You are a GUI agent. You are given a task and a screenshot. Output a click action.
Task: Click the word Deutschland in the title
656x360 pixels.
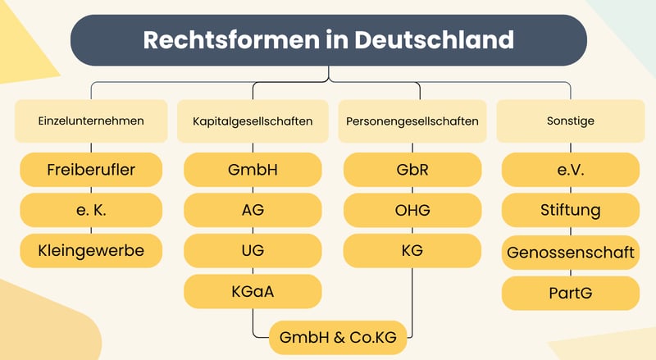434,39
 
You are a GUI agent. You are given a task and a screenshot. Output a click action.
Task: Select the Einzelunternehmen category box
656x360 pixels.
91,121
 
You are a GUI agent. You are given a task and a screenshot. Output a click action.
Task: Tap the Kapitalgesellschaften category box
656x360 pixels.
253,121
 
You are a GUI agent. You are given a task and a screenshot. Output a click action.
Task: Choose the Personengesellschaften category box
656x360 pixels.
412,121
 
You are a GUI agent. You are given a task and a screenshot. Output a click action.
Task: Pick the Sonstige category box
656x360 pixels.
571,121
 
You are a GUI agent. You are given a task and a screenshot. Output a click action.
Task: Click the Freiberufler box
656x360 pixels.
91,170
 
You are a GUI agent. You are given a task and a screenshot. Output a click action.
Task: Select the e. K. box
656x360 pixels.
91,210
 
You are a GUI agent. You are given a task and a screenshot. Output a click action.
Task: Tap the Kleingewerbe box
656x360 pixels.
91,251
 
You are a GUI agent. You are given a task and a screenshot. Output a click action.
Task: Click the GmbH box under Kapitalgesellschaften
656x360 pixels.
253,170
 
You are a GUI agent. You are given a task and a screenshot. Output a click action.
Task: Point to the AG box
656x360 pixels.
253,210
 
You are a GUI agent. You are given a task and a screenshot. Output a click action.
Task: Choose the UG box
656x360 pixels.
253,251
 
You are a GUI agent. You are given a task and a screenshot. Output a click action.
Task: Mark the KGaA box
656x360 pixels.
253,291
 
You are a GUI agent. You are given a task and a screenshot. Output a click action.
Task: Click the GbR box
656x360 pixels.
412,170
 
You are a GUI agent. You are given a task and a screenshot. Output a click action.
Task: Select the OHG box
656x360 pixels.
412,210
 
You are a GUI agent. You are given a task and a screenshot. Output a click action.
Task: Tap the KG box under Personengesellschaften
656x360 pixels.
412,251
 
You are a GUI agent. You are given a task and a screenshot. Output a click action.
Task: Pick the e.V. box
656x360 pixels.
571,170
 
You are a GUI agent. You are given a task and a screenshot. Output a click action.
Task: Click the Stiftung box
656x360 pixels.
571,210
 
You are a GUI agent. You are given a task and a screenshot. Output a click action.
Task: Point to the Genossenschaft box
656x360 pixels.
571,253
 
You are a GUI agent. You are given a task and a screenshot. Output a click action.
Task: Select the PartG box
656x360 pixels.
571,293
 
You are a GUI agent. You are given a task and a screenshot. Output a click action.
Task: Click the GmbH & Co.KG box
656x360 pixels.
338,337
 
